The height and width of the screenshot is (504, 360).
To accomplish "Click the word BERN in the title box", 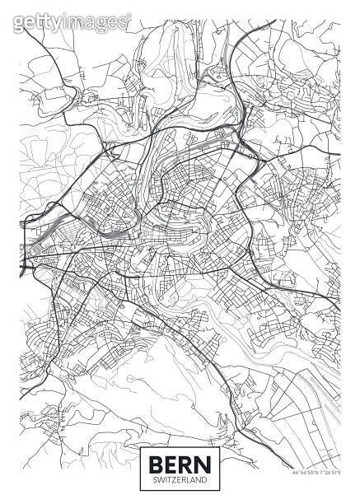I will [x=179, y=461].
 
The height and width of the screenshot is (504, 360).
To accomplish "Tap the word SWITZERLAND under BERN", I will [x=179, y=477].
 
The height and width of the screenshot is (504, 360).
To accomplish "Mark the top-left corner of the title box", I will [x=142, y=446].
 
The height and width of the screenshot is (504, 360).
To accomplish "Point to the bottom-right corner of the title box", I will [x=217, y=488].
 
